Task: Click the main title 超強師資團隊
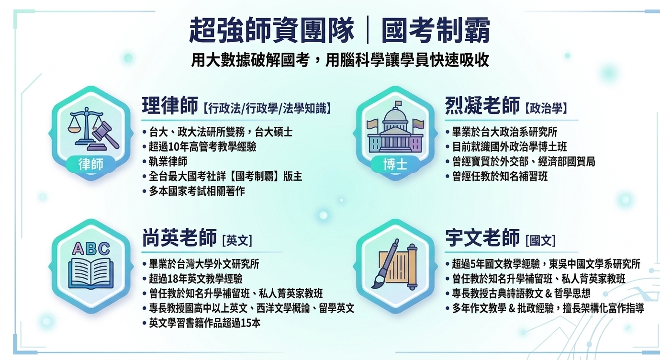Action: coord(271,31)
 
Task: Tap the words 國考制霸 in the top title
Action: coord(436,31)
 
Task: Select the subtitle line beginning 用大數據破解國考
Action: coord(340,60)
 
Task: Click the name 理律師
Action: coord(170,105)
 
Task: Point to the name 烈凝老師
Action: coord(482,105)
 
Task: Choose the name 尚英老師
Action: coord(179,237)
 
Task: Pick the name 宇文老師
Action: coord(482,237)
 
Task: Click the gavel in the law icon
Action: coord(105,135)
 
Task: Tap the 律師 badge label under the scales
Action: coord(91,164)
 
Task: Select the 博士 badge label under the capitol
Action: coord(395,164)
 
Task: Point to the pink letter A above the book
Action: coord(78,248)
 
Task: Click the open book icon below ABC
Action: coord(91,274)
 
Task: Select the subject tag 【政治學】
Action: coord(546,108)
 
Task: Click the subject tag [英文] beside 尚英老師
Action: coord(237,240)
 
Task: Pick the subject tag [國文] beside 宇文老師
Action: coord(540,240)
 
